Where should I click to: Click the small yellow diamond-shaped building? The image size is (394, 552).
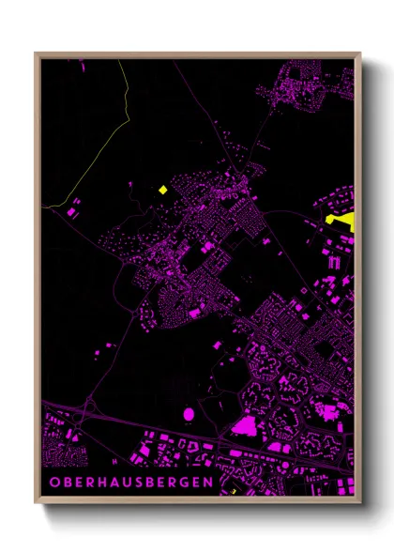162,190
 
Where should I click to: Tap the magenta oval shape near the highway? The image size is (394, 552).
189,413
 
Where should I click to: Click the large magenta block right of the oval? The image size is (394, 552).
245,426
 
